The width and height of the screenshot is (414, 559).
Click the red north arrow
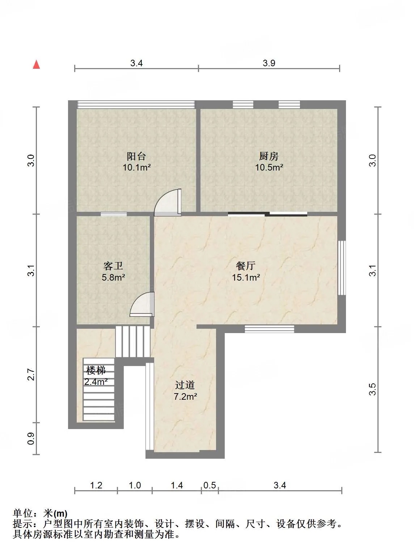(36, 64)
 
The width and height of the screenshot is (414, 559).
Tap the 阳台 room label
(136, 156)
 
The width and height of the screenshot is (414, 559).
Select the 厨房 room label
(269, 156)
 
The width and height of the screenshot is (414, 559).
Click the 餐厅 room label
(246, 266)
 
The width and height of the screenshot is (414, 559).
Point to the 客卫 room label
(113, 266)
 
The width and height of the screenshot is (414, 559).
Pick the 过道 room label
(185, 385)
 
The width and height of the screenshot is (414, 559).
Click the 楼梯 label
(96, 370)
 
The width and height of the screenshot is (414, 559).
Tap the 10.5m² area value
(269, 167)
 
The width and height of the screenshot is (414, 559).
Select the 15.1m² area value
(246, 278)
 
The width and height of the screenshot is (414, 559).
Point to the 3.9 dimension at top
(269, 63)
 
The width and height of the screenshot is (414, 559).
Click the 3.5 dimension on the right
(373, 389)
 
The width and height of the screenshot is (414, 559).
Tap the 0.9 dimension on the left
(31, 438)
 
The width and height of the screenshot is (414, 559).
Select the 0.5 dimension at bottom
(210, 485)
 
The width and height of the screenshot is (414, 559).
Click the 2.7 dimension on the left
(31, 374)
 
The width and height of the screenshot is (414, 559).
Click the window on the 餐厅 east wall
(342, 268)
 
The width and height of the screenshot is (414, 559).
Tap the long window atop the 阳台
(136, 105)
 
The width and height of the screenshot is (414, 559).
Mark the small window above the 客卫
(114, 214)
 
